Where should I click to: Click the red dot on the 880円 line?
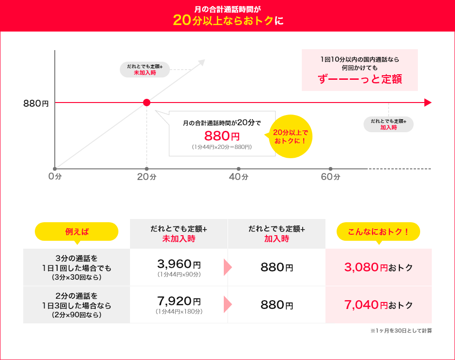[147, 103]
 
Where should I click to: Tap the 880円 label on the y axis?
[36, 103]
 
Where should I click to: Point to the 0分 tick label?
[55, 177]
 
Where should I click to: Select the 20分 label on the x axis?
[147, 177]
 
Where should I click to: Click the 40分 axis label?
[239, 177]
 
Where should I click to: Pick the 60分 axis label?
[331, 177]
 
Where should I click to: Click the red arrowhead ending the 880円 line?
[428, 103]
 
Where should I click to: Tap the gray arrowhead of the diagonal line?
[201, 62]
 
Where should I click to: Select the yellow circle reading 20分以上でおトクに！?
[291, 136]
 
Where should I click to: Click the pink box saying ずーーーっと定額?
[360, 70]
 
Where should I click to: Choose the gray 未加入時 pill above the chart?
[145, 70]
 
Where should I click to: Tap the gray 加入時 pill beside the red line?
[388, 124]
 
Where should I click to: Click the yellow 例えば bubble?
[77, 231]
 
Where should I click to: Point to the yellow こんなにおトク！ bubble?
[378, 231]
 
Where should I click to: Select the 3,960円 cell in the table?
[179, 267]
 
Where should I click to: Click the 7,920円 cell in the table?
[179, 305]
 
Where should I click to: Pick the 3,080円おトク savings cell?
[378, 267]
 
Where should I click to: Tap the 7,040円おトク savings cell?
[378, 305]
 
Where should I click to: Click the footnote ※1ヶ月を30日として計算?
[401, 331]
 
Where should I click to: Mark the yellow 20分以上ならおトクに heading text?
[227, 20]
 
